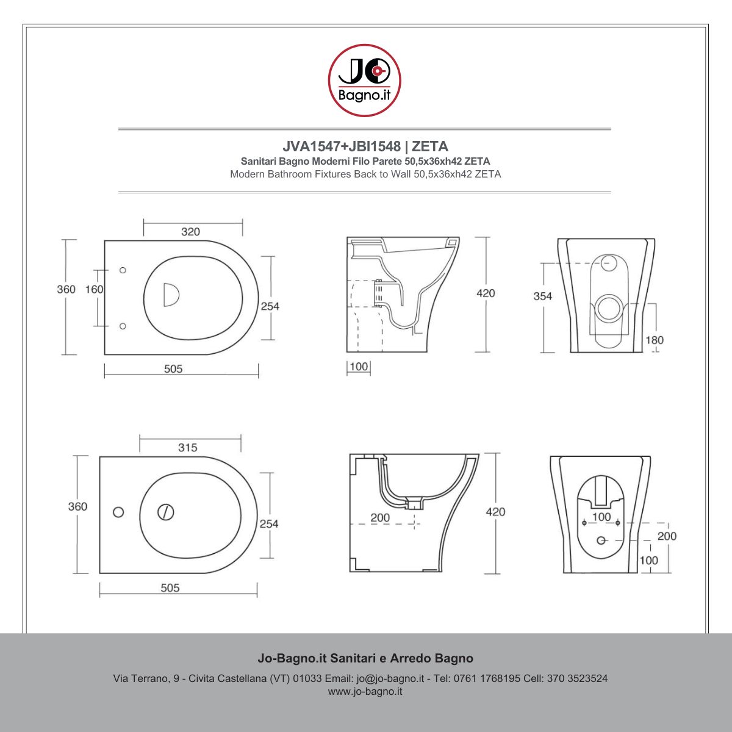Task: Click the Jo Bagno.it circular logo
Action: (364, 80)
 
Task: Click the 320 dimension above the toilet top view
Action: (190, 232)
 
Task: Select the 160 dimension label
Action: (94, 290)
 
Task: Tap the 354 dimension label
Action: (542, 296)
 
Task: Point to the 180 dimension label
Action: (655, 340)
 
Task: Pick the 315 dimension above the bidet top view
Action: (188, 448)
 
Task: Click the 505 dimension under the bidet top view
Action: (170, 588)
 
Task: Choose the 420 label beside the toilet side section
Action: (486, 293)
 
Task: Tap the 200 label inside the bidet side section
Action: (380, 517)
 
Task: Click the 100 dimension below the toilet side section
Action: (359, 367)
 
